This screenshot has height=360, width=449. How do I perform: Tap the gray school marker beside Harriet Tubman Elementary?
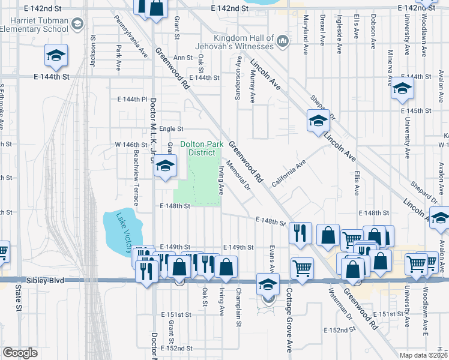tap(77, 23)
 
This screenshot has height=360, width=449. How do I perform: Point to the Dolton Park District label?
tap(198, 148)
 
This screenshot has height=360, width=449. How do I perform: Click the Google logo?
tap(20, 353)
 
